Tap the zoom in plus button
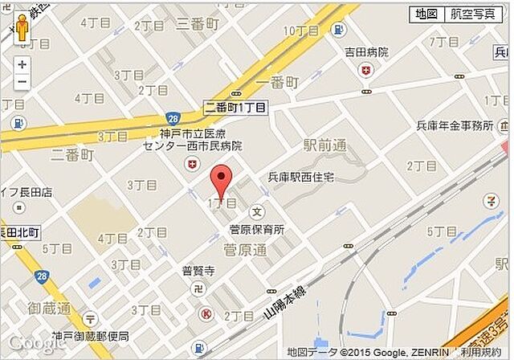coord(22,64)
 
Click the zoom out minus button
coord(22,81)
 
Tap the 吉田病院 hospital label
coord(366,52)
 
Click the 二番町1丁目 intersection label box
coord(235,107)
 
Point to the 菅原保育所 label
coord(257,229)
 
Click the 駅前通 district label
coord(324,146)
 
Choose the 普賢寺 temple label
coord(196,272)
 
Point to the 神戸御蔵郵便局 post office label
coord(91,335)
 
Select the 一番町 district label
coord(277,83)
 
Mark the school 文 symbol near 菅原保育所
coord(257,213)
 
